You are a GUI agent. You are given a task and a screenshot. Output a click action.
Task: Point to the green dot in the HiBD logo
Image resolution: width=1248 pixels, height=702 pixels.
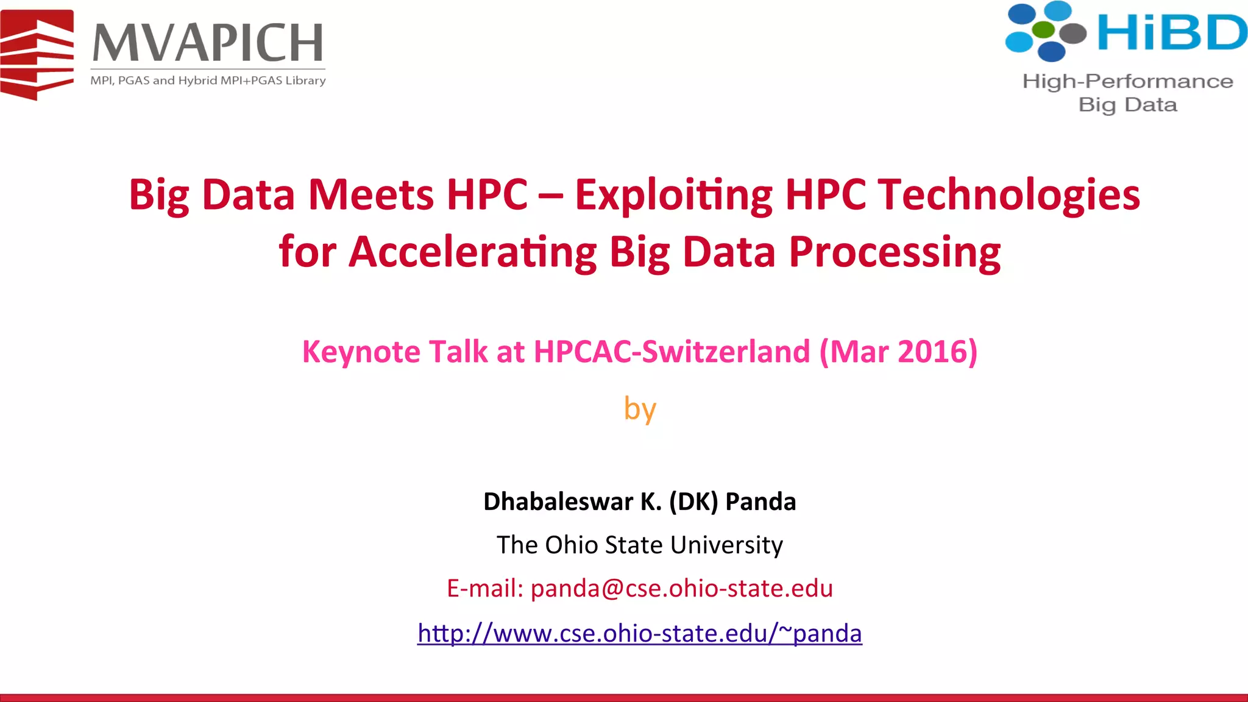pos(1044,29)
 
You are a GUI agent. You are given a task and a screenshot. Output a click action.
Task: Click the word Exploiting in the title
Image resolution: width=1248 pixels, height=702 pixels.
pos(673,195)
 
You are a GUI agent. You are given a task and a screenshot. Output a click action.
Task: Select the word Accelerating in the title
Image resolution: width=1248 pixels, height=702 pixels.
pos(472,252)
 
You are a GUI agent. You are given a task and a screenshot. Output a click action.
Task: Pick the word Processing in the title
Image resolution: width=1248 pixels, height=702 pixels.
pos(895,252)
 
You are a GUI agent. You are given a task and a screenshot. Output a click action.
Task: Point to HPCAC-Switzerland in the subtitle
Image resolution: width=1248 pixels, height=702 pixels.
pos(672,352)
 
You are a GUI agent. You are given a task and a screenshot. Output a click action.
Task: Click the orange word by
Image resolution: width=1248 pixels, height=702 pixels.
pos(639,408)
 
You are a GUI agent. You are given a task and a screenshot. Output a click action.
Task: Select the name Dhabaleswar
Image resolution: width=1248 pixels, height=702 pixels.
pos(558,502)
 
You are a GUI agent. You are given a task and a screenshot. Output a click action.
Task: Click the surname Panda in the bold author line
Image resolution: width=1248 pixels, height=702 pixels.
pos(760,502)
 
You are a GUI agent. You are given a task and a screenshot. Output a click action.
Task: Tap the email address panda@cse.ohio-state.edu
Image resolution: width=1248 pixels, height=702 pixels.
pos(681,589)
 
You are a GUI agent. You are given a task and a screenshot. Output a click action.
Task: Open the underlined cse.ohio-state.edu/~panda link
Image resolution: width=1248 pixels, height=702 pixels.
pos(639,633)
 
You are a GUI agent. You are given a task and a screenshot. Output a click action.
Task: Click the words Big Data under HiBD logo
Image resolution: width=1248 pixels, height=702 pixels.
pos(1127,105)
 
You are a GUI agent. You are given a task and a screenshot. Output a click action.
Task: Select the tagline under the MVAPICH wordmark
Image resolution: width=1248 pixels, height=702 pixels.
pos(208,80)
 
